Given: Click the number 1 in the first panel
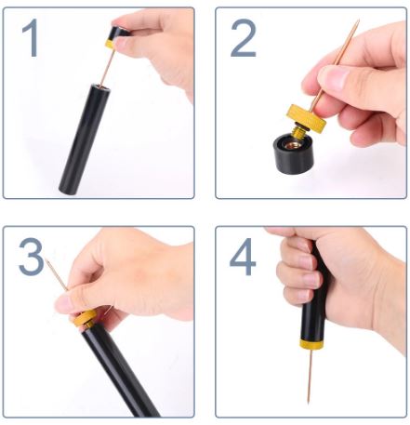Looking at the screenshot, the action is pos(32,37).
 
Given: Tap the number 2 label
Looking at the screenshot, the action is pos(244,38).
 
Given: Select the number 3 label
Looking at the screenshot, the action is pos(31,257).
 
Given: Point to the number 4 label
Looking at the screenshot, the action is pos(243,257).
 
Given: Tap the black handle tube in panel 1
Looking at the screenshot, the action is pos(85,139).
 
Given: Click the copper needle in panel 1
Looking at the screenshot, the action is pos(107,66).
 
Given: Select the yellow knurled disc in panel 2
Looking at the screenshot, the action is pos(306,118).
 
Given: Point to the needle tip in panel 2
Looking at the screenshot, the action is pos(359,20).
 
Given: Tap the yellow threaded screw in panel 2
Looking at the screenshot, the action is pos(299,131).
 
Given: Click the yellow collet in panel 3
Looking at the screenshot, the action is pos(85,318).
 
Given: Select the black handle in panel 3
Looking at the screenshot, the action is pos(118,370).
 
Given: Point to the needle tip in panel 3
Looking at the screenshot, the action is pos(46,259).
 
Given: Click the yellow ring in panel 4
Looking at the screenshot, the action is pos(311,344).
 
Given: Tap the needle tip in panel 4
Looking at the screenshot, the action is pos(309,403).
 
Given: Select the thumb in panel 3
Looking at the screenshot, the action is pos(74,302).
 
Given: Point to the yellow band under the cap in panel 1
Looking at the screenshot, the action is pos(110,44).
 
